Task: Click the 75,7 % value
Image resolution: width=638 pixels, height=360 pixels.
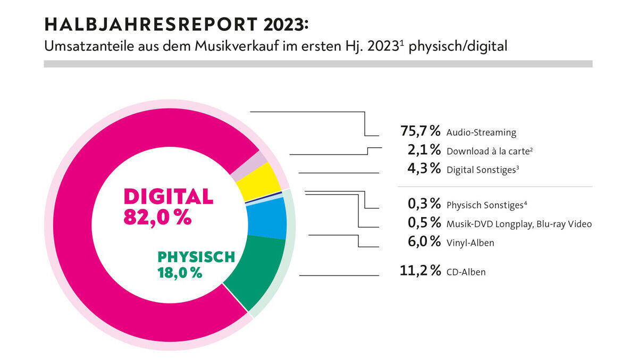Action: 420,131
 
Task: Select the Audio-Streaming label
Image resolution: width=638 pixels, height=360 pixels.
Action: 481,132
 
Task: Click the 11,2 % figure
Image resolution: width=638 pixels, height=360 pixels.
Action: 420,271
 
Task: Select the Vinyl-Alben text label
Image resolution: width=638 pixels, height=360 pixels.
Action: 470,243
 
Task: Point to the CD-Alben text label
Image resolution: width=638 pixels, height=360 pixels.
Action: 466,272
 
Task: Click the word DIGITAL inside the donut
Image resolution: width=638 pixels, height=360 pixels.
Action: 168,196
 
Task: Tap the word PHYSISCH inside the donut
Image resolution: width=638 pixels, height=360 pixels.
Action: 196,257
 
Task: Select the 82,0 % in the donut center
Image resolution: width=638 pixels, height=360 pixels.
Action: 157,217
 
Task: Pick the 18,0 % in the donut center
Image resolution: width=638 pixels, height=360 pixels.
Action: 180,273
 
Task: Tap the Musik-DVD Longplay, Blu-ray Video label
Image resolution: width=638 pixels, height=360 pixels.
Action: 519,224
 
